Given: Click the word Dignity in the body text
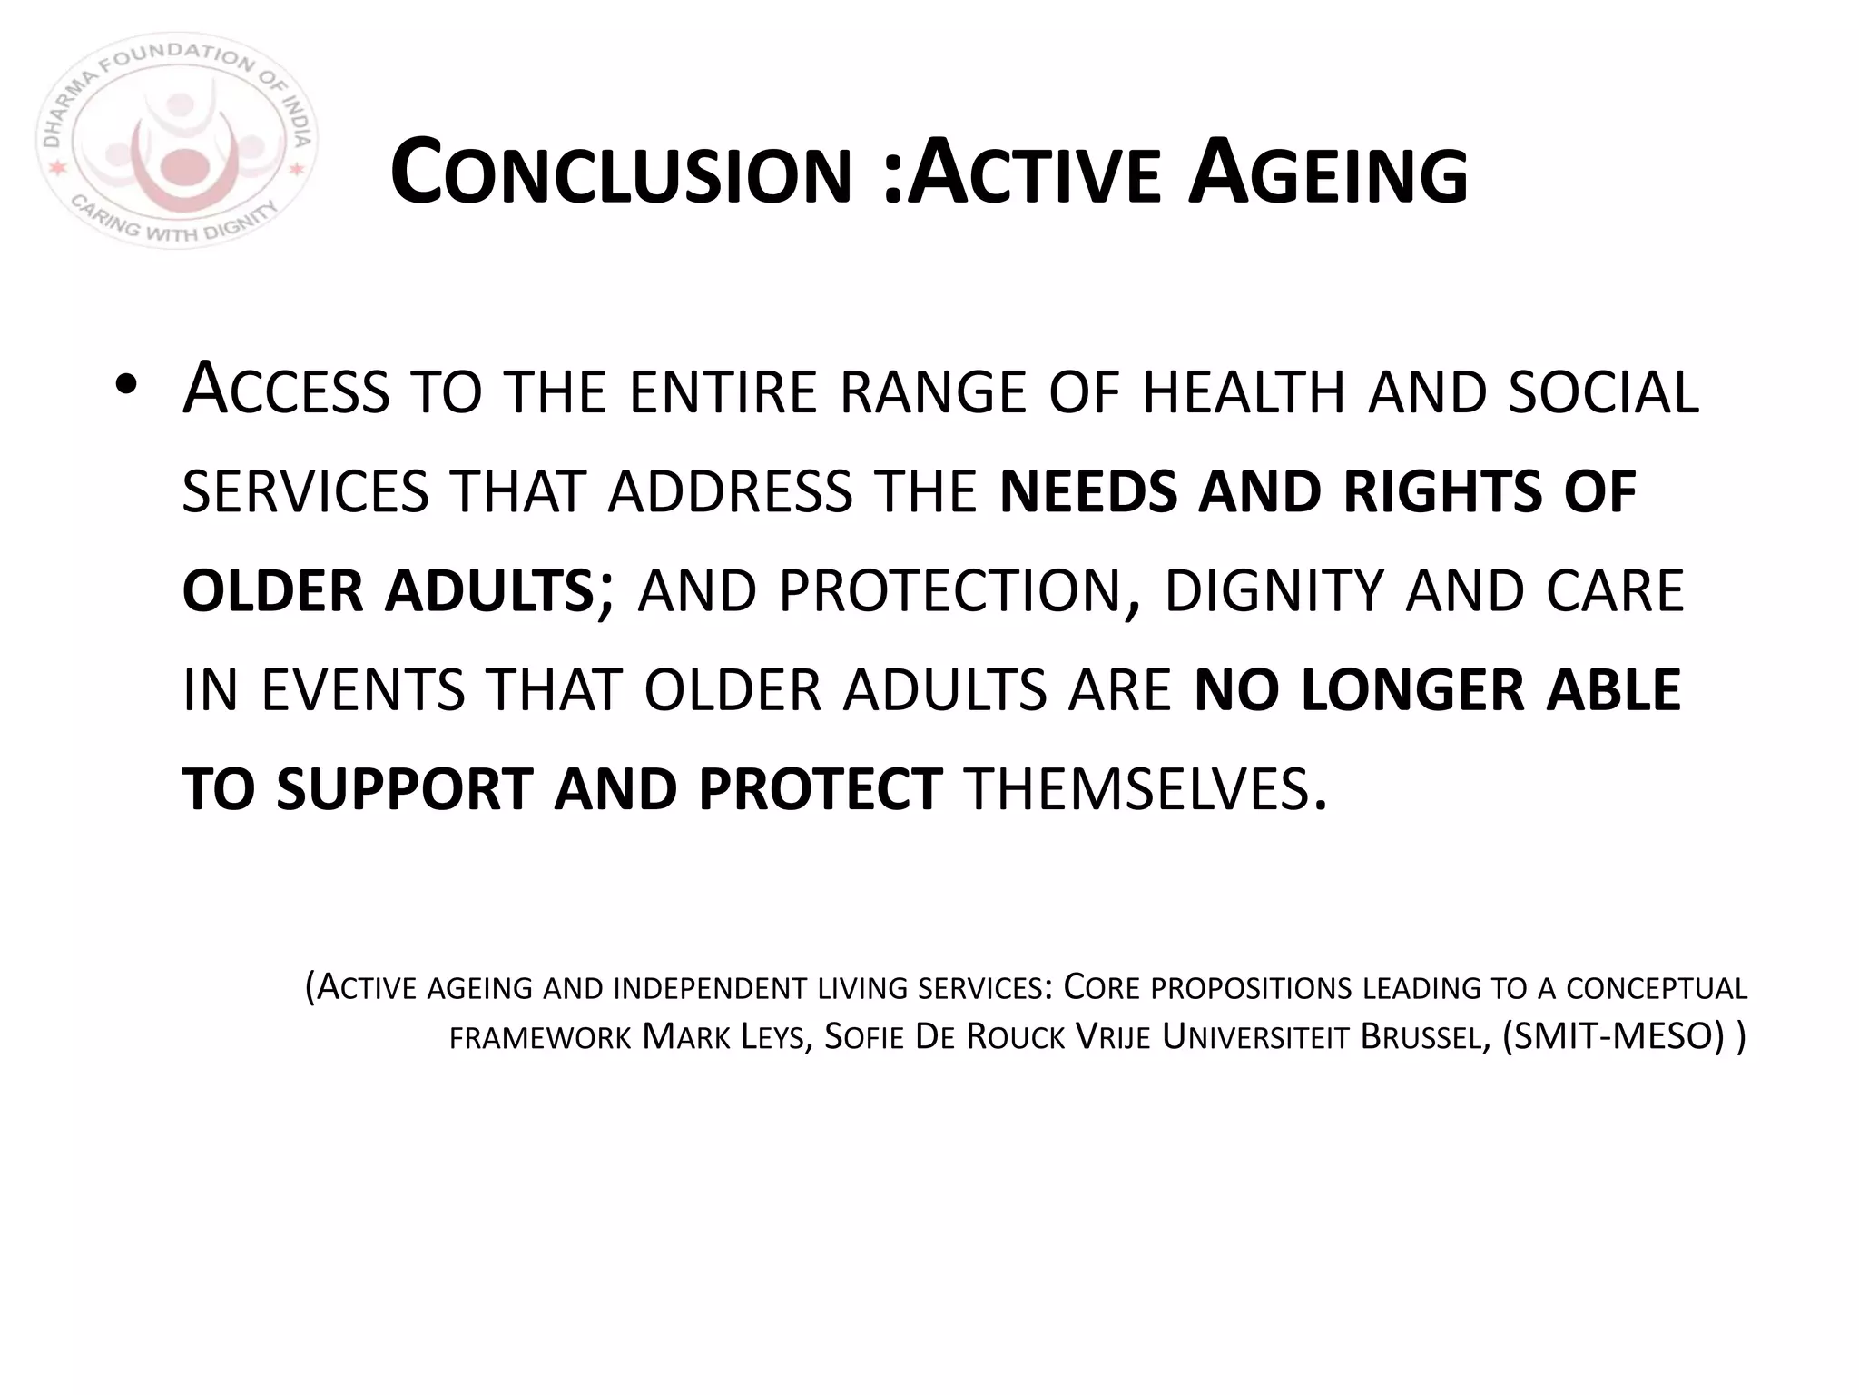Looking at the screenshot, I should tap(1274, 591).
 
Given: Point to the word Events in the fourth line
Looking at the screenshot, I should tap(363, 690).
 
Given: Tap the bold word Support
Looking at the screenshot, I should tap(404, 789).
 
